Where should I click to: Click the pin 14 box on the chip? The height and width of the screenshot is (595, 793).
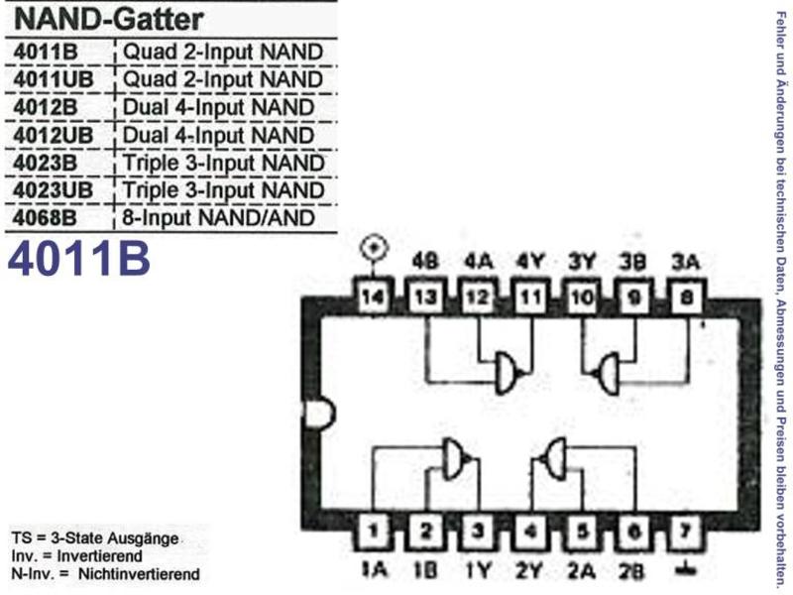pyautogui.click(x=373, y=297)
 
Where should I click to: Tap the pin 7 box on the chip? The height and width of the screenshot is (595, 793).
pyautogui.click(x=685, y=531)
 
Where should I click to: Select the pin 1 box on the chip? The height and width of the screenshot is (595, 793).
pyautogui.click(x=373, y=531)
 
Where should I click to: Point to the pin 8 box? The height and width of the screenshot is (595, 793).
pyautogui.click(x=686, y=297)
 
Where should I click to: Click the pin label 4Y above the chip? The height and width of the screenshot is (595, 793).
pyautogui.click(x=530, y=262)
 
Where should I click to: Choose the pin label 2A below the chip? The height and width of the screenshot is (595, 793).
pyautogui.click(x=581, y=571)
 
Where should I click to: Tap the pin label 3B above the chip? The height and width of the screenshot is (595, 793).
pyautogui.click(x=633, y=262)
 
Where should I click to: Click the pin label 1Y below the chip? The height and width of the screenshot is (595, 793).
pyautogui.click(x=478, y=571)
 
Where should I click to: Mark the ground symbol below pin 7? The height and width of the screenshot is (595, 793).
pyautogui.click(x=685, y=568)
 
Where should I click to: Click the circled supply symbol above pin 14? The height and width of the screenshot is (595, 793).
pyautogui.click(x=374, y=248)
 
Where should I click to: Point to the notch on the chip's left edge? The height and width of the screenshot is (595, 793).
pyautogui.click(x=319, y=414)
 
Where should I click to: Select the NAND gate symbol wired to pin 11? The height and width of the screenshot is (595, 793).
pyautogui.click(x=509, y=373)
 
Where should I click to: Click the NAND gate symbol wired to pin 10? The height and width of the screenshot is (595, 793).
pyautogui.click(x=607, y=374)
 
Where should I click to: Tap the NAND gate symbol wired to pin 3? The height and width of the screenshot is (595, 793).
pyautogui.click(x=456, y=458)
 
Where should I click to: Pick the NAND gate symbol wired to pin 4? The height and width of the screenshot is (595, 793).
pyautogui.click(x=552, y=458)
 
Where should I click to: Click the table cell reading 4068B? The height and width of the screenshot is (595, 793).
pyautogui.click(x=46, y=218)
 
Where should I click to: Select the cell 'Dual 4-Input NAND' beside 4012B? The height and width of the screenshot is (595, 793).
pyautogui.click(x=218, y=108)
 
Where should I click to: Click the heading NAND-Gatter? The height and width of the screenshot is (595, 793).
pyautogui.click(x=109, y=20)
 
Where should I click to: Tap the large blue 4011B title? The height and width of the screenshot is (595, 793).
pyautogui.click(x=79, y=258)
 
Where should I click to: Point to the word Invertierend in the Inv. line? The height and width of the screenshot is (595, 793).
pyautogui.click(x=100, y=556)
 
